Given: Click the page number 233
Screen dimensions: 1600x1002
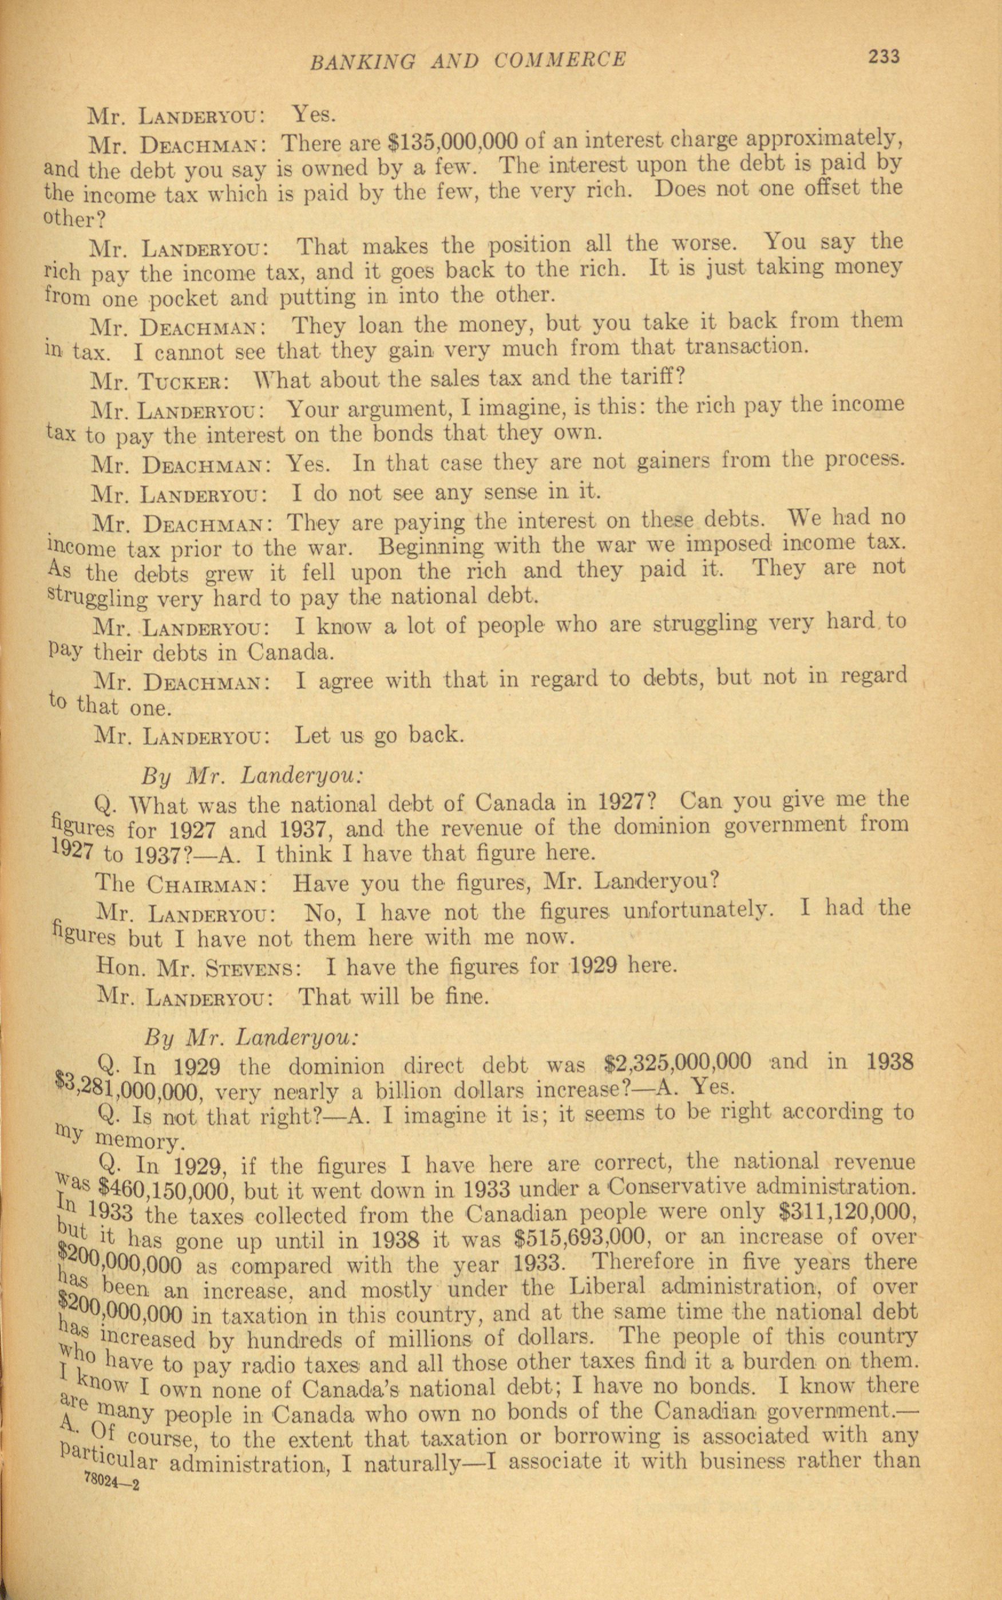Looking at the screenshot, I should click(884, 57).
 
